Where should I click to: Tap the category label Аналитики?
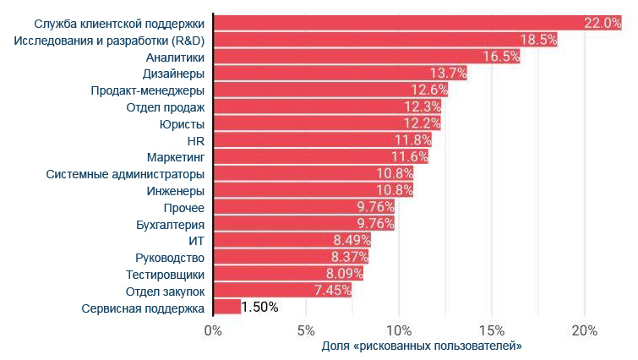tap(175, 57)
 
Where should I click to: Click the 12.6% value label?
tap(428, 90)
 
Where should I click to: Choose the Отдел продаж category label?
tap(165, 106)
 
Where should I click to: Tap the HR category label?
tap(195, 140)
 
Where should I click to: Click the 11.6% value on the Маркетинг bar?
tap(410, 157)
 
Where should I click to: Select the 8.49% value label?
tap(352, 241)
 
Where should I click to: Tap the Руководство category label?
tap(170, 258)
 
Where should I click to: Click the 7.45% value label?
tap(332, 292)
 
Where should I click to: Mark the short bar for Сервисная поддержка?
tap(227, 308)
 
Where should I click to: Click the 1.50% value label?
tap(259, 308)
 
